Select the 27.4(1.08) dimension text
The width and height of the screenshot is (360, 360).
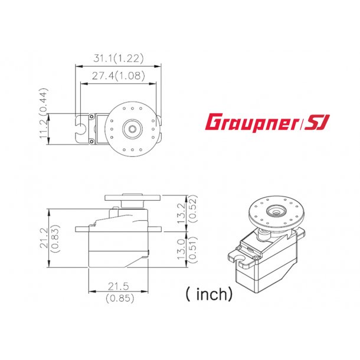(119, 76)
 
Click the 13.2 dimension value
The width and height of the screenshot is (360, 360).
(183, 211)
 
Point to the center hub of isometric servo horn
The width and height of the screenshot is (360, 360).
(273, 210)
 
